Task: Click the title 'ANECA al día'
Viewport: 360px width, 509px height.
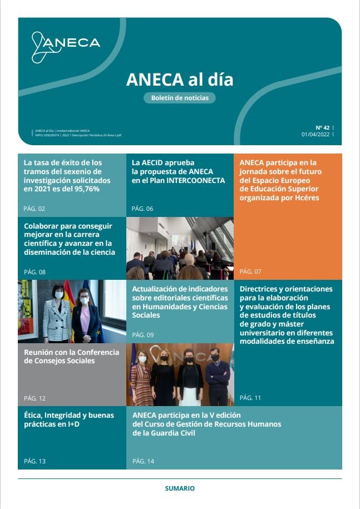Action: click(x=180, y=80)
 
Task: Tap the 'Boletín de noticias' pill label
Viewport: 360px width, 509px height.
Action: click(x=180, y=98)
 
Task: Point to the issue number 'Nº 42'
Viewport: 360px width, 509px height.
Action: click(x=323, y=127)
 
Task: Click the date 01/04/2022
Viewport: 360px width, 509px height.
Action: click(x=315, y=135)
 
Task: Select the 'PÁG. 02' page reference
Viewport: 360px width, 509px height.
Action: click(x=34, y=209)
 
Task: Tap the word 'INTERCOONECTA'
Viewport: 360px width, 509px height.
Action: click(x=197, y=181)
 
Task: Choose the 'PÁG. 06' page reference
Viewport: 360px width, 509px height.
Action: click(x=142, y=209)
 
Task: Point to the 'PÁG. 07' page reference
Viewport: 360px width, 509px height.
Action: click(x=250, y=271)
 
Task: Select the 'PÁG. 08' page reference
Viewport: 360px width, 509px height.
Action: click(x=34, y=272)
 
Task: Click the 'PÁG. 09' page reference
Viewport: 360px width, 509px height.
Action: click(x=142, y=335)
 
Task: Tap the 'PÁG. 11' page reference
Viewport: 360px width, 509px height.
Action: click(x=250, y=398)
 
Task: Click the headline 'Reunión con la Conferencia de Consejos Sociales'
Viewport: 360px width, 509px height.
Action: click(x=72, y=357)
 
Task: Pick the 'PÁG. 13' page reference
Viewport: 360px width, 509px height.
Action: click(x=34, y=461)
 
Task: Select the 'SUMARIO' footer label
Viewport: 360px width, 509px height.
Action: click(x=180, y=488)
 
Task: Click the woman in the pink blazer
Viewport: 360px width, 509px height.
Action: click(x=83, y=317)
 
